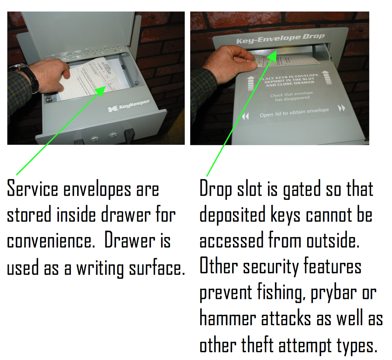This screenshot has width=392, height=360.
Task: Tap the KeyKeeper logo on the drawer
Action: pos(129,106)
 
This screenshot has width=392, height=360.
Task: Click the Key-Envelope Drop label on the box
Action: pos(280,39)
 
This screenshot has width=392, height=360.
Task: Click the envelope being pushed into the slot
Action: pos(285,60)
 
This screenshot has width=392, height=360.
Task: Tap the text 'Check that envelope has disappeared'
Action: pos(292,96)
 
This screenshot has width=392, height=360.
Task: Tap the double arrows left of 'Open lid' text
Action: pos(245,116)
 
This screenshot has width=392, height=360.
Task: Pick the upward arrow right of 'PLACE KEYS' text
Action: pos(326,78)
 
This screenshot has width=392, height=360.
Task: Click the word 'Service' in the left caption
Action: pos(32,189)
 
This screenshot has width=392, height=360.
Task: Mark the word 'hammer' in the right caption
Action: pos(228,319)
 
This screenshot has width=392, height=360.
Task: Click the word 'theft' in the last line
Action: pos(257,346)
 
